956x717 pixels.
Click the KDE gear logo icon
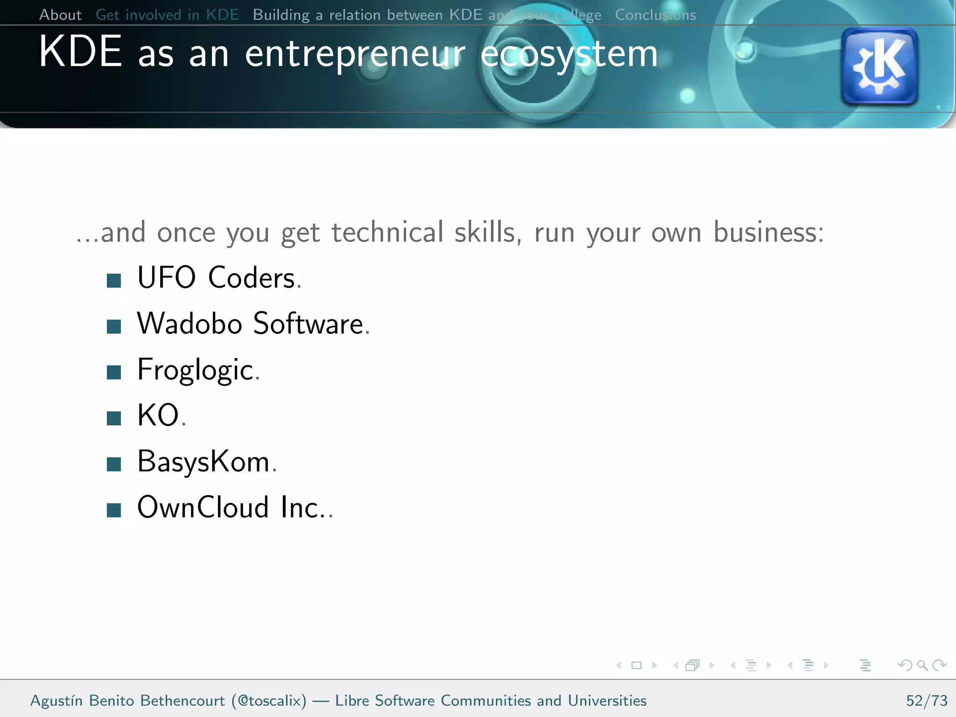click(879, 66)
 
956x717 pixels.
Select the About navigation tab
click(60, 15)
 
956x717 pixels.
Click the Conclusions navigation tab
click(655, 15)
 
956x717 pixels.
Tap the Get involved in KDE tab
click(167, 15)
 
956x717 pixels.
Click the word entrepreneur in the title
click(355, 55)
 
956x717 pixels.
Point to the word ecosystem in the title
click(569, 55)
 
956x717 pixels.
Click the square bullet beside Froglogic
click(114, 373)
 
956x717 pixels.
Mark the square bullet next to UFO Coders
click(114, 281)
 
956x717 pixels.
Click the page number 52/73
click(927, 701)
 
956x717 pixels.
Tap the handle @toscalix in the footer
click(269, 701)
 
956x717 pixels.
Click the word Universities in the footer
click(607, 701)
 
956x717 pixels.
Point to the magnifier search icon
click(922, 665)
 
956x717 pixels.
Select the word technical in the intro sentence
click(387, 232)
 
